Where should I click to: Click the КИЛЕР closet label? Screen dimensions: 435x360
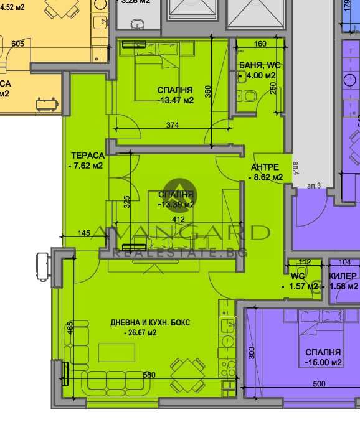coord(343,276)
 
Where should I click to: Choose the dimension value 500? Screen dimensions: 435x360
coord(318,385)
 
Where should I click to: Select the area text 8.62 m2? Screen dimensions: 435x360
coord(267,177)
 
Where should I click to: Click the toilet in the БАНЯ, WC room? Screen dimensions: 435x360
coord(249,95)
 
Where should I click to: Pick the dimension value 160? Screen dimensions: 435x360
coord(260,44)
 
